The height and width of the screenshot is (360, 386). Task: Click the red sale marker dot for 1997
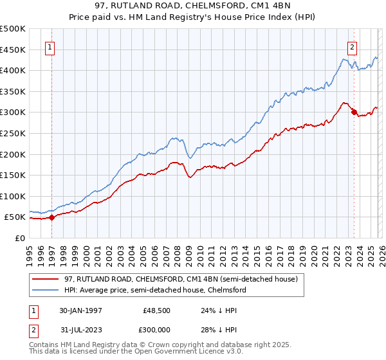click(x=51, y=217)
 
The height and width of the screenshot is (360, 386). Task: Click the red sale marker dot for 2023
click(x=353, y=112)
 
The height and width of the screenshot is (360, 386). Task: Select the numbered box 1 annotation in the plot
click(x=50, y=46)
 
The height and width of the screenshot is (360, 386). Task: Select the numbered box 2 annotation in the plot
click(x=353, y=46)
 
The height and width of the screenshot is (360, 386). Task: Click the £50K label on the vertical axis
click(x=15, y=217)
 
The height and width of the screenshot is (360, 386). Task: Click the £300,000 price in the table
click(x=156, y=331)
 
